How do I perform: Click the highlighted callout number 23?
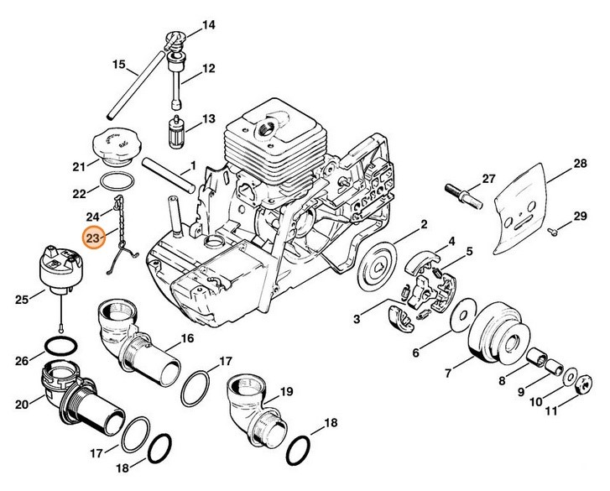point(93,239)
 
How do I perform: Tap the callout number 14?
point(208,25)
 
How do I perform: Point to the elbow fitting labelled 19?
point(251,404)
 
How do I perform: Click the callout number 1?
point(193,166)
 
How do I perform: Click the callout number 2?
point(424,223)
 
